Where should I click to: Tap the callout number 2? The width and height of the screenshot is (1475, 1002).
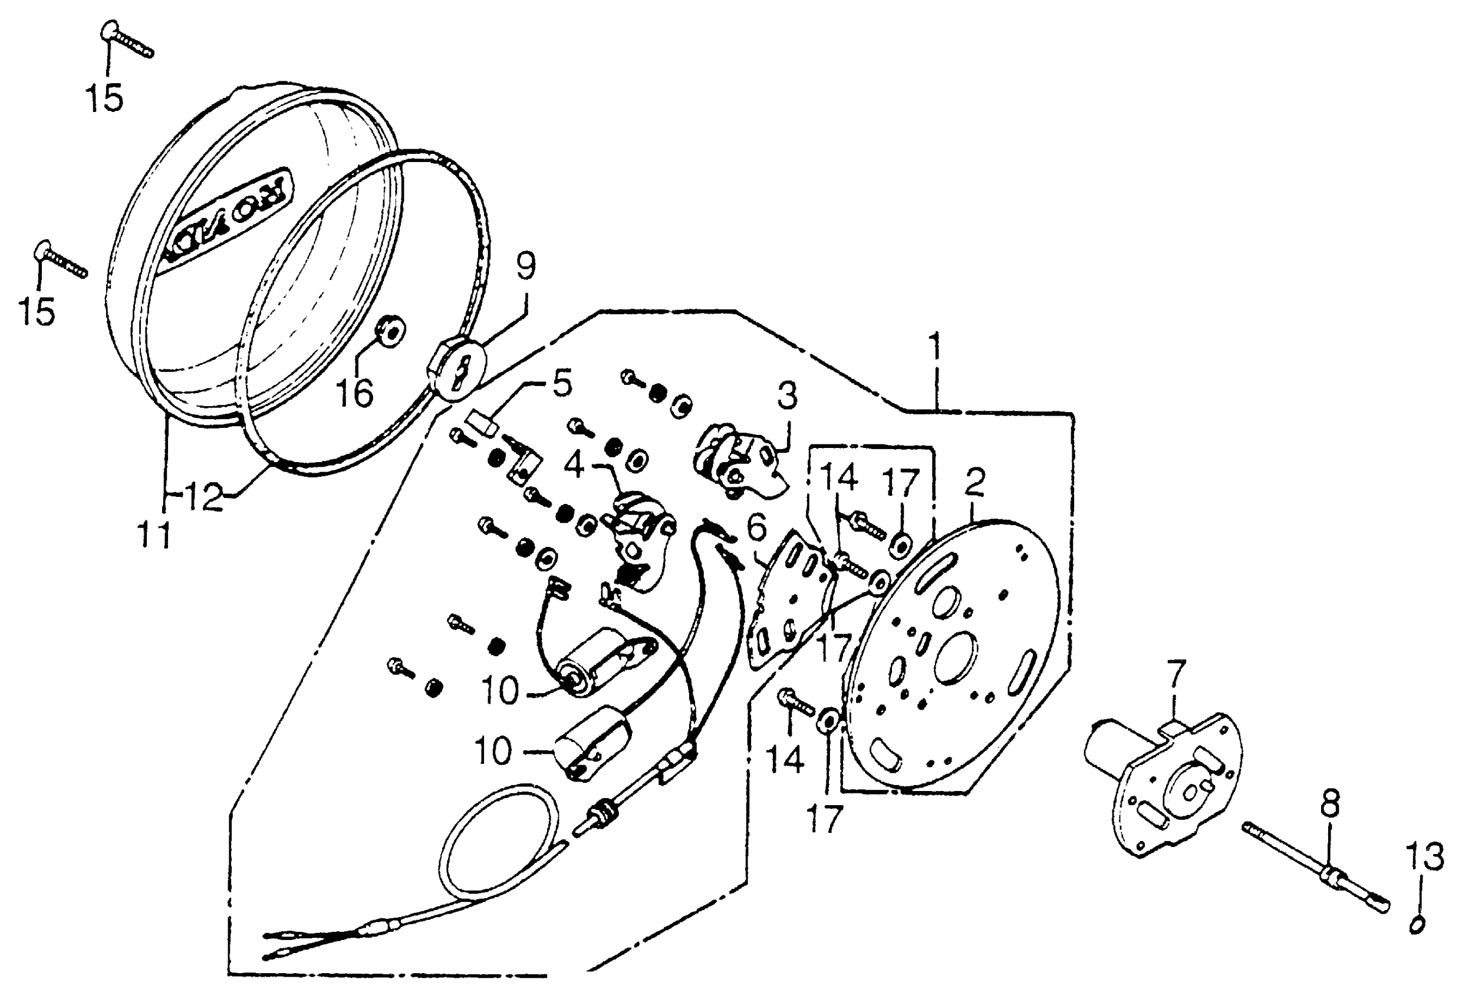974,482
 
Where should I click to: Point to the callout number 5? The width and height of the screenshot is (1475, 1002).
562,383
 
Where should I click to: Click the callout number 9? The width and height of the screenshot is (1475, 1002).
525,266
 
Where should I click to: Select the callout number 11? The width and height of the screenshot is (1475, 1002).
155,535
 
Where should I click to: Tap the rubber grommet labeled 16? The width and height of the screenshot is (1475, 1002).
388,332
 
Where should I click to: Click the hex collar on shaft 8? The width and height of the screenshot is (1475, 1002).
1328,877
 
